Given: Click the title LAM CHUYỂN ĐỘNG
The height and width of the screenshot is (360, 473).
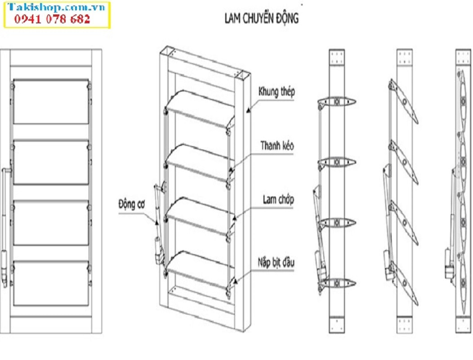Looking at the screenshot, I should pos(261,18).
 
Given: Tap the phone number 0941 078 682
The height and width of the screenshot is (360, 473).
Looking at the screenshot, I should pos(53,19).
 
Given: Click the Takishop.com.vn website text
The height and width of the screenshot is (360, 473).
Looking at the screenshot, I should pos(56,8).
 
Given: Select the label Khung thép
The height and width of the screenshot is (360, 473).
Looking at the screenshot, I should pos(277,92).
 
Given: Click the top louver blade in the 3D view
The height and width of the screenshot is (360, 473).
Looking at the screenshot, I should pos(200,108).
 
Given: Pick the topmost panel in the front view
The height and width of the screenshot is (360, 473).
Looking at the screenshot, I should pos(51,102).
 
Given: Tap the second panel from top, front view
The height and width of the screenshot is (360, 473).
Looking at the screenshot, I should pos(51,162).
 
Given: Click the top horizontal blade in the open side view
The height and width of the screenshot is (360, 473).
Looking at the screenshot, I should pos(337,102).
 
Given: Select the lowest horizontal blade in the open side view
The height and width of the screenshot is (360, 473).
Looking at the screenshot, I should pos(337,283).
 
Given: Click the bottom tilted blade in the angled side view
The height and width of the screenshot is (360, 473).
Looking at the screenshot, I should pos(405,283).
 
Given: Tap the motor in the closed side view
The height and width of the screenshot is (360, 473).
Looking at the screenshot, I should pos(449,265).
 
